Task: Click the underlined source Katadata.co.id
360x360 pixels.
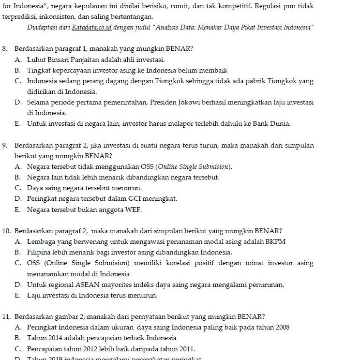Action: click(x=91, y=27)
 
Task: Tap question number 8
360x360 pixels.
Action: click(x=5, y=49)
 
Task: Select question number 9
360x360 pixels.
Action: click(x=5, y=145)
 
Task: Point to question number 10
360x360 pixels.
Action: click(x=6, y=231)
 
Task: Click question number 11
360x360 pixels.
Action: click(x=6, y=317)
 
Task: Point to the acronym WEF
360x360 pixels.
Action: click(x=133, y=210)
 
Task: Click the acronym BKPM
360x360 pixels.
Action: click(x=275, y=241)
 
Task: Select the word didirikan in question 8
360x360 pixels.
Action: click(x=42, y=91)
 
